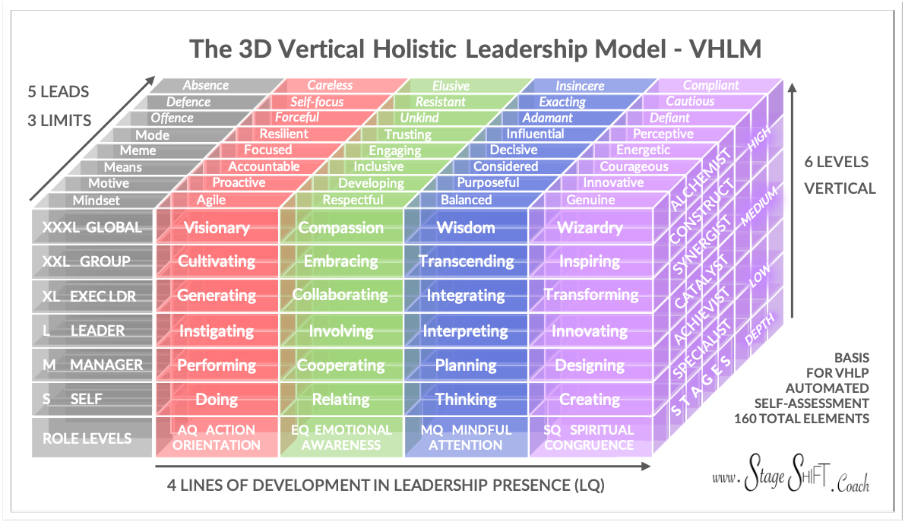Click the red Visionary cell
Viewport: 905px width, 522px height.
(217, 227)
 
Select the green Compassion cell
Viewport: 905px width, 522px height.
(340, 227)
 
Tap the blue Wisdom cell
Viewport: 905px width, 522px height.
(466, 227)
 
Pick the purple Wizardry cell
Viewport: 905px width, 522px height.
(590, 227)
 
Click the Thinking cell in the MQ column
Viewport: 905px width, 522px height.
(466, 399)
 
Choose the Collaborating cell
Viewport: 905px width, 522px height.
(340, 295)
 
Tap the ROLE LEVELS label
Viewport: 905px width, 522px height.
(87, 438)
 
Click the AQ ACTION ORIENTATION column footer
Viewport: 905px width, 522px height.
(217, 438)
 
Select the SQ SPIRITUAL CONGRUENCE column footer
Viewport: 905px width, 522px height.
(589, 438)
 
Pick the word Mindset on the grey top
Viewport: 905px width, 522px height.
(97, 201)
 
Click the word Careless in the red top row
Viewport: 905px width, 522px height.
(330, 86)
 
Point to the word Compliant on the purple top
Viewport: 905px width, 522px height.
(710, 86)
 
